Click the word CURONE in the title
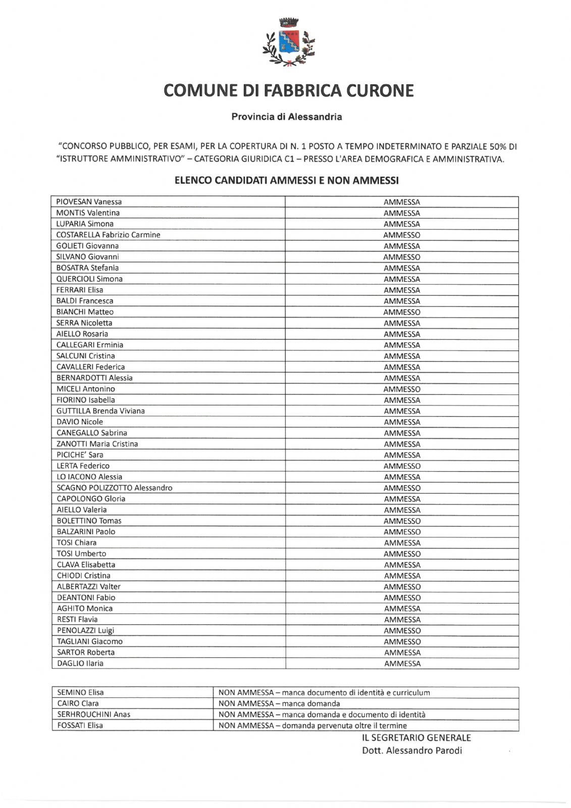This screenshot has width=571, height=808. (x=380, y=91)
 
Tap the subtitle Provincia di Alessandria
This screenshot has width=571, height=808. (x=286, y=117)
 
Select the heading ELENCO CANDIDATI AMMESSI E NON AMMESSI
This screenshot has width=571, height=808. (x=286, y=180)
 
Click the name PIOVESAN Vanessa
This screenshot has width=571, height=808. (x=89, y=202)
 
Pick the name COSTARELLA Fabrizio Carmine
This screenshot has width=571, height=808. (x=108, y=235)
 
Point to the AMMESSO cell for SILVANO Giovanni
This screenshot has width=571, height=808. (x=401, y=257)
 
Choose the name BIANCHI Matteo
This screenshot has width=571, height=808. (x=85, y=312)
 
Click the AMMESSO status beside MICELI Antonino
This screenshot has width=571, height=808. (x=401, y=389)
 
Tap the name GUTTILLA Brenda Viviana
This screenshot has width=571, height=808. (x=100, y=411)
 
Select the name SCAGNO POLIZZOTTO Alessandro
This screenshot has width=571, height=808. (x=114, y=488)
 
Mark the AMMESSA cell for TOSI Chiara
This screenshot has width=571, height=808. (x=402, y=543)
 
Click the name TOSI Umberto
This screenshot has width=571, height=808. (x=81, y=554)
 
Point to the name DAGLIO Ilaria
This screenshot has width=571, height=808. (x=80, y=664)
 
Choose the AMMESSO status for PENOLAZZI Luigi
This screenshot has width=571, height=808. (x=402, y=631)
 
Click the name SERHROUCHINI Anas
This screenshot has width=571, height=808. (x=93, y=715)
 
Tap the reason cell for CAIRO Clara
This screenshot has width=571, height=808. (x=279, y=703)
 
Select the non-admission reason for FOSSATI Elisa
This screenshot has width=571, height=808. (x=313, y=726)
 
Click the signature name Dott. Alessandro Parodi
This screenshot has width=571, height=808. (x=411, y=750)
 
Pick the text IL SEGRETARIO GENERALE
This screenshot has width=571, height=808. (x=416, y=738)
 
